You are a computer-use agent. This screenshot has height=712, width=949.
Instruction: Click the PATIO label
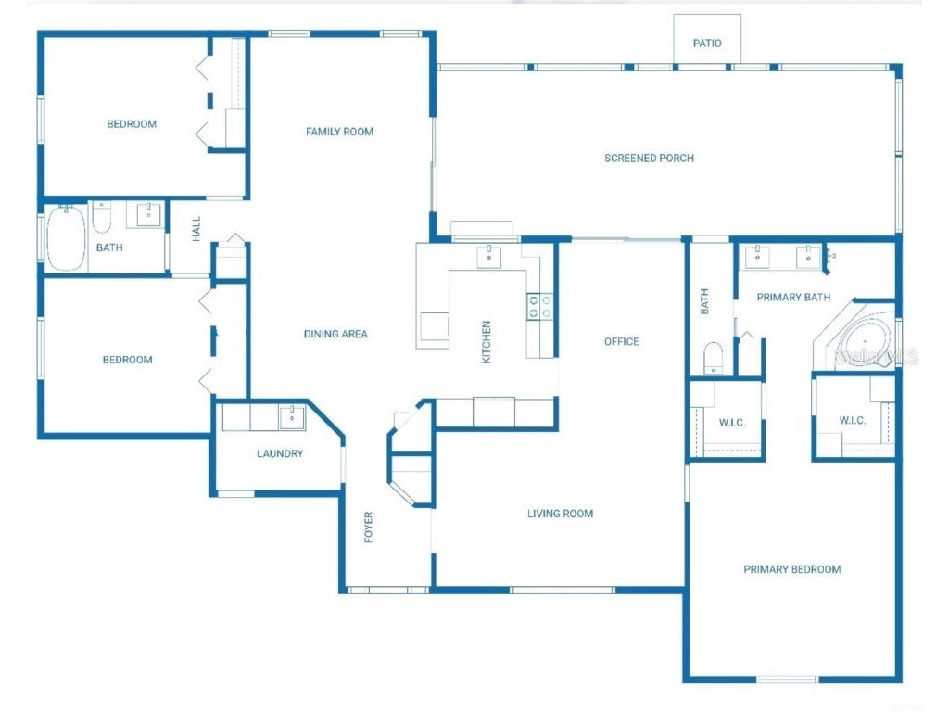pyautogui.click(x=707, y=43)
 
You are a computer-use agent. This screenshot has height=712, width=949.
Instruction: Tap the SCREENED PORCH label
pyautogui.click(x=649, y=158)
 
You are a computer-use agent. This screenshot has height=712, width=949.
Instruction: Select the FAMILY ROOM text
pyautogui.click(x=339, y=132)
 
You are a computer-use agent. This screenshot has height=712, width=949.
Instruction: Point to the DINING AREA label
pyautogui.click(x=335, y=334)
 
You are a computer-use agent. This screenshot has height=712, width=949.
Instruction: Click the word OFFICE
pyautogui.click(x=622, y=341)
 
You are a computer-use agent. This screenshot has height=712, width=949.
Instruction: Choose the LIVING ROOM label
pyautogui.click(x=560, y=514)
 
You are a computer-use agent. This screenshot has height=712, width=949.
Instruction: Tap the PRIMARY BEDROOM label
pyautogui.click(x=791, y=569)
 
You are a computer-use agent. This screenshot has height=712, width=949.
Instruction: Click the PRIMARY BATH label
pyautogui.click(x=793, y=297)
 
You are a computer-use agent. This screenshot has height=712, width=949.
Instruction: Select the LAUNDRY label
pyautogui.click(x=280, y=453)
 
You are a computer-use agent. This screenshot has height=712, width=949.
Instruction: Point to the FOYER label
pyautogui.click(x=369, y=528)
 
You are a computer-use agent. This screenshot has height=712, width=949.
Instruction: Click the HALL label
pyautogui.click(x=196, y=229)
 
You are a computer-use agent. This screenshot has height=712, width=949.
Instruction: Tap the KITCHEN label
pyautogui.click(x=486, y=342)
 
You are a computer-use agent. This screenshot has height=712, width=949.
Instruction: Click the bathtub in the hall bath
pyautogui.click(x=66, y=238)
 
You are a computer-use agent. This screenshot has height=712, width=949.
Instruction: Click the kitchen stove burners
pyautogui.click(x=540, y=306)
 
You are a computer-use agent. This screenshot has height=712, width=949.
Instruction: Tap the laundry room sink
pyautogui.click(x=292, y=417)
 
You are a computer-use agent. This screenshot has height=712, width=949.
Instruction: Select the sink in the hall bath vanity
pyautogui.click(x=149, y=214)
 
